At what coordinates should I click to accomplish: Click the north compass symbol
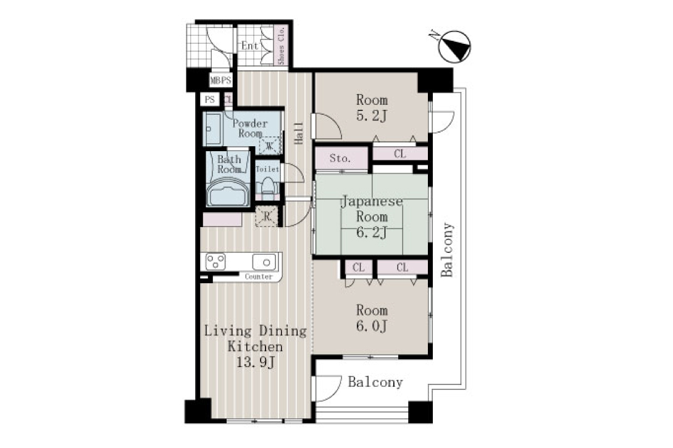tap(454, 46)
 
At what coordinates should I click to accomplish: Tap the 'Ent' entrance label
tap(249, 46)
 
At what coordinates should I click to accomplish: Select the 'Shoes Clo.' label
tap(282, 46)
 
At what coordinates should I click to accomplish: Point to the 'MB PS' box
tap(220, 80)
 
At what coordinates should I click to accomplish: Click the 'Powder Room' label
tap(250, 128)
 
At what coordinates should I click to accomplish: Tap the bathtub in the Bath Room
tap(228, 191)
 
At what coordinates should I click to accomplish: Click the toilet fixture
tap(268, 186)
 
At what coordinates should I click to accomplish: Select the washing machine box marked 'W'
tap(269, 146)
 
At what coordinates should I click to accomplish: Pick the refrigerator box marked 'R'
tap(267, 216)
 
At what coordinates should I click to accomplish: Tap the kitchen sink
tap(264, 262)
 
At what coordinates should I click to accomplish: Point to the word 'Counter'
tap(258, 276)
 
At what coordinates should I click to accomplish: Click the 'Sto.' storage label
tap(340, 159)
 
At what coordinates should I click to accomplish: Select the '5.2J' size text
tap(372, 116)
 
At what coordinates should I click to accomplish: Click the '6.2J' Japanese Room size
tap(372, 232)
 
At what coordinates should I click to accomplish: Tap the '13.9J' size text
tap(256, 363)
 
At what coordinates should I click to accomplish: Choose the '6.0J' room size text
tap(372, 326)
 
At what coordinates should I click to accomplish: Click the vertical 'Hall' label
tap(299, 133)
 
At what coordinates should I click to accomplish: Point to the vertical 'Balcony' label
tap(447, 250)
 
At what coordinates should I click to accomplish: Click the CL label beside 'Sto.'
tap(399, 154)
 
